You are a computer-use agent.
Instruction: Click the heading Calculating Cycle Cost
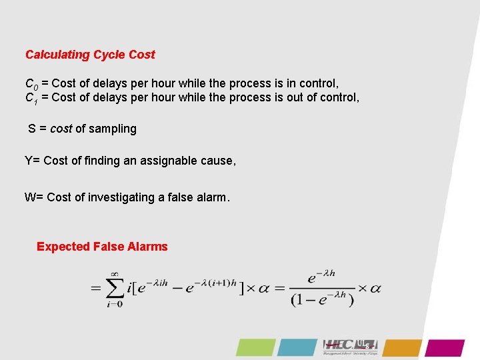[x=90, y=55]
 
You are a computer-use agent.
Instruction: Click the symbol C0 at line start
[x=31, y=85]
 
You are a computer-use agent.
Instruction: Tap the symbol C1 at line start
[x=31, y=99]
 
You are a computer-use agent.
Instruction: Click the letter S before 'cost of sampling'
[x=32, y=129]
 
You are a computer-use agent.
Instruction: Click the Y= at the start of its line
[x=32, y=161]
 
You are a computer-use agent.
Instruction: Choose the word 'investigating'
[x=122, y=197]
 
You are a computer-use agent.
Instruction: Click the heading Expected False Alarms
[x=102, y=247]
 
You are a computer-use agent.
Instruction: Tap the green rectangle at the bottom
[x=255, y=347]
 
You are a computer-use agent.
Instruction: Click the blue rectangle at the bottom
[x=297, y=347]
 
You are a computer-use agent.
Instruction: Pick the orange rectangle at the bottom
[x=403, y=347]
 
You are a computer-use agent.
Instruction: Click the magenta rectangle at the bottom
[x=445, y=347]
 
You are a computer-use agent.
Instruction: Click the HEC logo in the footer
[x=350, y=345]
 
